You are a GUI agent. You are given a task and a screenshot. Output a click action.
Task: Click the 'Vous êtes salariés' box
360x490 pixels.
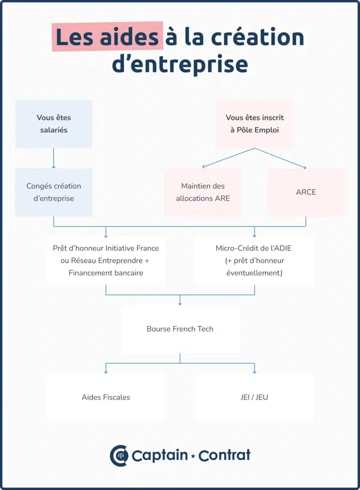[x=53, y=123]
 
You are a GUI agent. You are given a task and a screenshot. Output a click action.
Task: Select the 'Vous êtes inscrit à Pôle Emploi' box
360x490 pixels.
[x=255, y=123]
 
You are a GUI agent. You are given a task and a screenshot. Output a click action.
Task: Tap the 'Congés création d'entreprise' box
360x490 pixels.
[x=54, y=192]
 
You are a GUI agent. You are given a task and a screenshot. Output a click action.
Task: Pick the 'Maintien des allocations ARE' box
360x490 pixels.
[x=202, y=192]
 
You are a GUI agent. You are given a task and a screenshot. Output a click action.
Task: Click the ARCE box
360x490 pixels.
[x=305, y=192]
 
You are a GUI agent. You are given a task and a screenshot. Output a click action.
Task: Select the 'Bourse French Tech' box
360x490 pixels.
[x=180, y=329]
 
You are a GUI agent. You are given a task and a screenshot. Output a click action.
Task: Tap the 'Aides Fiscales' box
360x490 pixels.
[x=105, y=397]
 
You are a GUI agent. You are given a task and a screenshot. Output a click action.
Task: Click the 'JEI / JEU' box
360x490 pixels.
[x=254, y=397]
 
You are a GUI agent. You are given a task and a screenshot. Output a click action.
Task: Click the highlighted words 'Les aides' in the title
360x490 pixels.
[x=107, y=37]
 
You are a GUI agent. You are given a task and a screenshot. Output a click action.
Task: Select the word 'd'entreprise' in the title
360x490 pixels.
[x=180, y=65]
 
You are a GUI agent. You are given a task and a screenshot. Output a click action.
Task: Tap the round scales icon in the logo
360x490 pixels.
[x=119, y=455]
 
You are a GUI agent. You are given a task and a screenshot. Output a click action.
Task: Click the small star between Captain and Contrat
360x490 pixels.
[x=193, y=456]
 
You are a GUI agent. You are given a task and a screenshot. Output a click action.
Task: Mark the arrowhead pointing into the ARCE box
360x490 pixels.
[x=305, y=167]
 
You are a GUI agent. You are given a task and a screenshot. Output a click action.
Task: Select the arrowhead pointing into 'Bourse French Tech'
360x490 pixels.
[x=180, y=304]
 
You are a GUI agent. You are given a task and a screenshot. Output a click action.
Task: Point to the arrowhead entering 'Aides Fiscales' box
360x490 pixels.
[x=105, y=371]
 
